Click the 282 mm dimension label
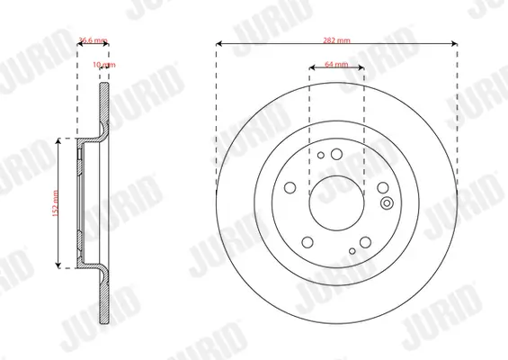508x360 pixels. point(338,42)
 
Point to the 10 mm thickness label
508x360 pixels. point(106,66)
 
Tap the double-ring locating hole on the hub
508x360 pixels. point(388,202)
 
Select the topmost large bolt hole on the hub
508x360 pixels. point(337,154)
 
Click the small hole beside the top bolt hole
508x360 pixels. point(321,155)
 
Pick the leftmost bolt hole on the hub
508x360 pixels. point(290,188)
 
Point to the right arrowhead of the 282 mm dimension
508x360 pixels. point(457,42)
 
